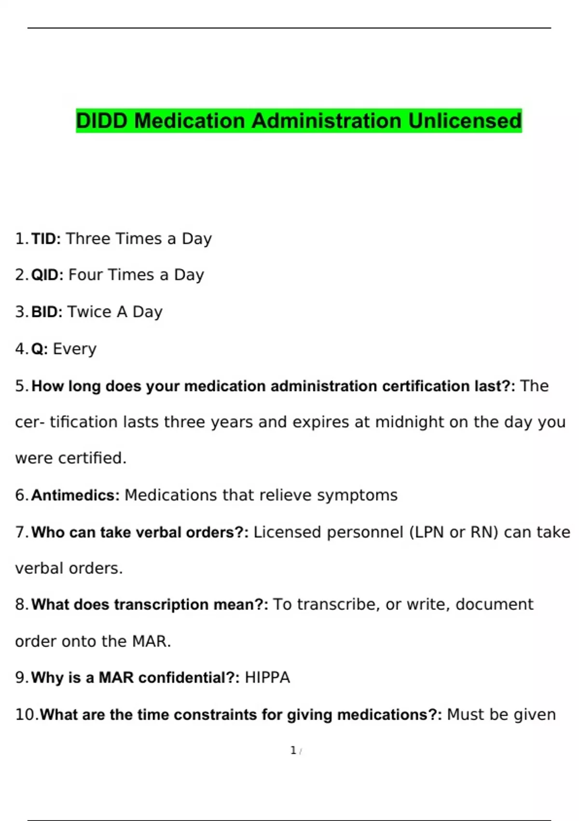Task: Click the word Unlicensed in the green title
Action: tap(465, 121)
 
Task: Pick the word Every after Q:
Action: tap(74, 349)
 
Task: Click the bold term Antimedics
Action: tap(75, 495)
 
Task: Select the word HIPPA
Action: tap(267, 678)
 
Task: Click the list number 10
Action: tap(26, 715)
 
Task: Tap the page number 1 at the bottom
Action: tap(293, 750)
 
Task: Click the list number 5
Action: tap(22, 386)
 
